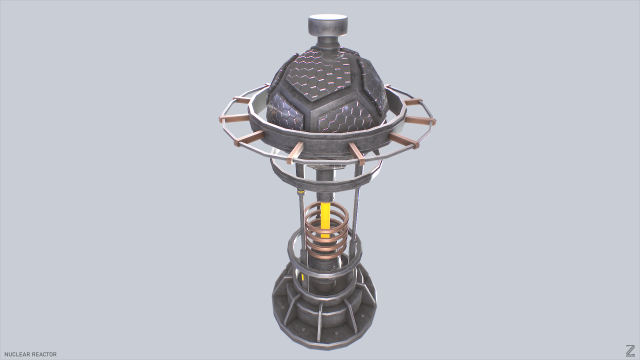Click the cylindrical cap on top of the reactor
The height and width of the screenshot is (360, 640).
tap(326, 23)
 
